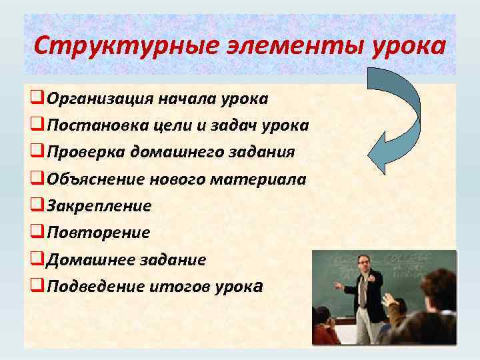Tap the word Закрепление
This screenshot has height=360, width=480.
99,206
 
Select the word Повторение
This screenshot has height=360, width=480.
98,233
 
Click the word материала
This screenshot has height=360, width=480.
269,179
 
